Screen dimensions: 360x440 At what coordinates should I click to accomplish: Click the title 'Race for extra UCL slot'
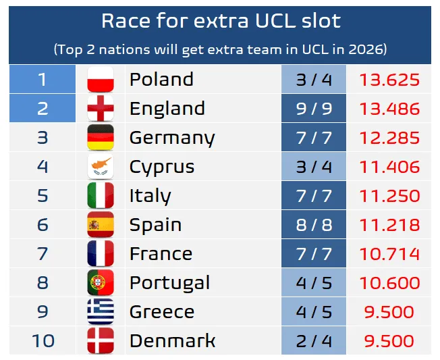[x=220, y=21]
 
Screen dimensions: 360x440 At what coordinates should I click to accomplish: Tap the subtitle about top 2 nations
[x=220, y=49]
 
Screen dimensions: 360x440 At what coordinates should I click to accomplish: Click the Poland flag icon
[x=101, y=80]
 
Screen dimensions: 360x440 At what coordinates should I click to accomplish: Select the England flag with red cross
[x=101, y=109]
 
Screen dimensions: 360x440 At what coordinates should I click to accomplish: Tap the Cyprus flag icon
[x=101, y=167]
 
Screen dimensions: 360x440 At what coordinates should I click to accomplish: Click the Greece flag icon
[x=101, y=311]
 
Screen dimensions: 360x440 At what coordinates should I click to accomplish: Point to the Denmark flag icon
[x=101, y=340]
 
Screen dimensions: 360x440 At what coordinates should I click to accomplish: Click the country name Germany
[x=171, y=138]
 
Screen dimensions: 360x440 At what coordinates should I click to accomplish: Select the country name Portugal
[x=169, y=282]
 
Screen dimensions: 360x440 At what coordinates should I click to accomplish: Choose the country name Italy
[x=150, y=196]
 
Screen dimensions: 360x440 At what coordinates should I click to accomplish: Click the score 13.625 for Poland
[x=389, y=80]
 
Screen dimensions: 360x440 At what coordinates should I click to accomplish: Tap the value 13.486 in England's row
[x=389, y=109]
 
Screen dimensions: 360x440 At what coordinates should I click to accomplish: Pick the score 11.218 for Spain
[x=389, y=225]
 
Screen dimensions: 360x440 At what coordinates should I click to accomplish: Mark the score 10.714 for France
[x=389, y=254]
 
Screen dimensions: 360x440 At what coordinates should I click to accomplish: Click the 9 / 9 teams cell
[x=314, y=109]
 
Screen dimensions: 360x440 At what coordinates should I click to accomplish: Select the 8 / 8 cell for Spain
[x=314, y=225]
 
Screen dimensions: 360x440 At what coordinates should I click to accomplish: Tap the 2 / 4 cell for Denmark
[x=314, y=340]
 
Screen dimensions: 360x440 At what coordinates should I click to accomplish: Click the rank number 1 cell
[x=43, y=80]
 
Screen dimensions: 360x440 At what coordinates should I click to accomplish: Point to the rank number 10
[x=43, y=340]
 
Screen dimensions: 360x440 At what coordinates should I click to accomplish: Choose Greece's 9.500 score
[x=389, y=311]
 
